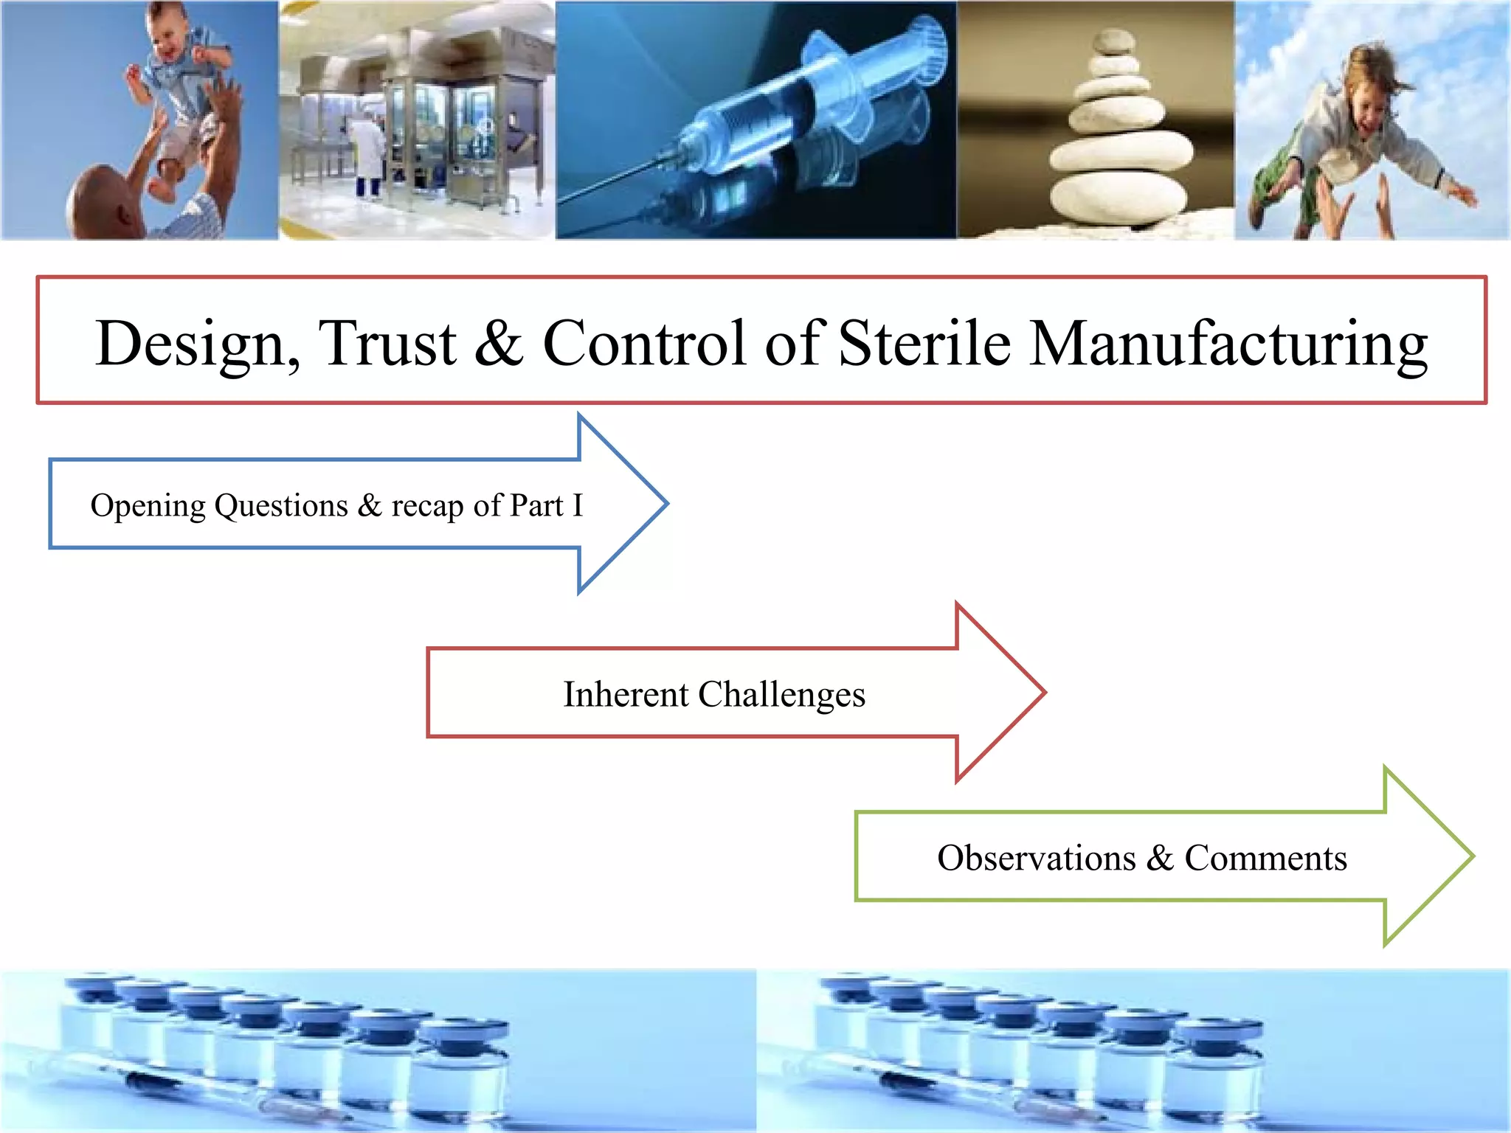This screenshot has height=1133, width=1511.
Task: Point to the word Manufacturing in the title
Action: point(1228,344)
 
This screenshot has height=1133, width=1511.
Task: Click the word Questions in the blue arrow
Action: point(281,507)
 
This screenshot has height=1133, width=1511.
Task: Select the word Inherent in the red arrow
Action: point(626,694)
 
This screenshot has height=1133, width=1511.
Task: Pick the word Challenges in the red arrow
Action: point(781,696)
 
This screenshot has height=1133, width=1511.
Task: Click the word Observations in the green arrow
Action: point(1036,858)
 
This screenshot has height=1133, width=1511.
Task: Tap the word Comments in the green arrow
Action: point(1265,858)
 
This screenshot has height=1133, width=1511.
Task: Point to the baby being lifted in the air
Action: point(181,89)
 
